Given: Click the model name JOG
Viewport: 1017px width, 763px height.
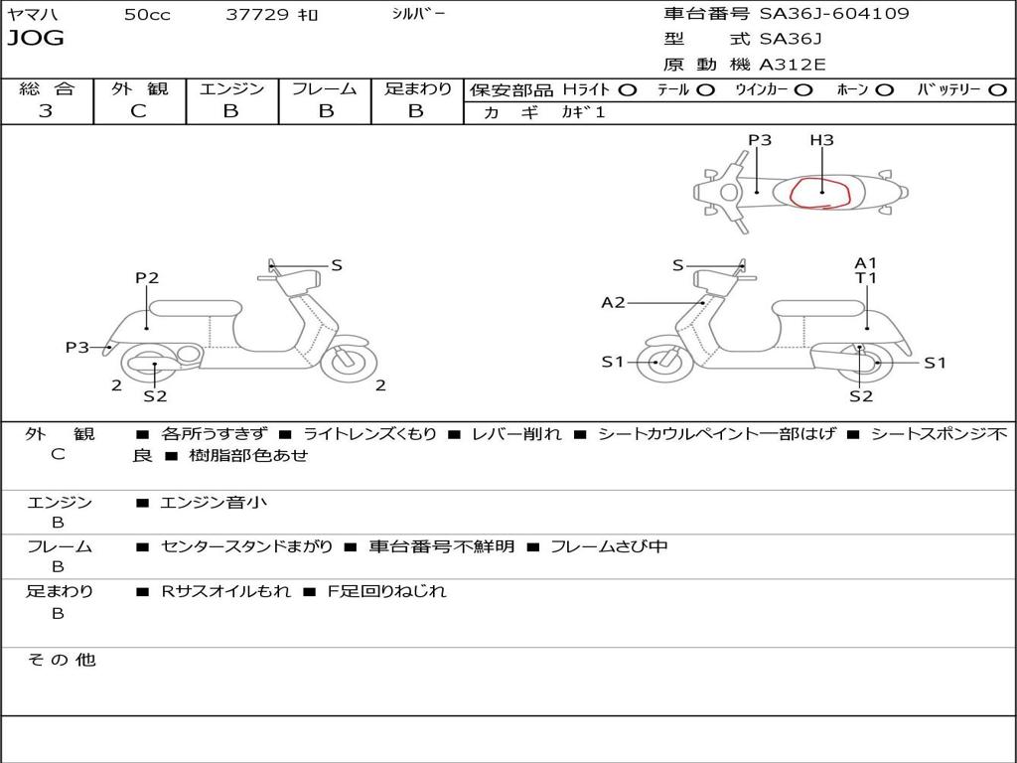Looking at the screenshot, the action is click(36, 38).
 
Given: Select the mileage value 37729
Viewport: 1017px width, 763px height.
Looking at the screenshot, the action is click(257, 15).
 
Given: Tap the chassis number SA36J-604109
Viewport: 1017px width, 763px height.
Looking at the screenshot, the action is click(834, 14).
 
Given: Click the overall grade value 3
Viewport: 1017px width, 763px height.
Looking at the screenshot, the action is click(46, 111).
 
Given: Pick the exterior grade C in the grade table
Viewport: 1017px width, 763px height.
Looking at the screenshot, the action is click(138, 111).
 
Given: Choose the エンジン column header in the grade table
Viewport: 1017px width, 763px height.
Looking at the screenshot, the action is click(231, 88).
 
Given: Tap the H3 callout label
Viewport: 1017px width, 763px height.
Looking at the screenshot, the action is click(821, 140).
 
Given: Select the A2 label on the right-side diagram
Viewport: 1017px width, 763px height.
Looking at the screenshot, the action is click(613, 302).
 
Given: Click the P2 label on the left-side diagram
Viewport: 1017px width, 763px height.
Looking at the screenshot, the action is click(147, 278).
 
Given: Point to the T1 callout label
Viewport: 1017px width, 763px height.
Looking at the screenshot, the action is click(866, 278).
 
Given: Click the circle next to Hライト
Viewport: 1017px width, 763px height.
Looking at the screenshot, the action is click(627, 89).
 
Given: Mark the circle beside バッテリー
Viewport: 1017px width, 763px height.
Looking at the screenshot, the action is click(997, 89).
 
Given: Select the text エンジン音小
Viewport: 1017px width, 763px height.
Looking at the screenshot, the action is click(214, 503).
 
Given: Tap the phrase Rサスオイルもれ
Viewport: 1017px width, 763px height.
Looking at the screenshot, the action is click(226, 591).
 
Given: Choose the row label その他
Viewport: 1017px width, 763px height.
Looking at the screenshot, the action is click(61, 660).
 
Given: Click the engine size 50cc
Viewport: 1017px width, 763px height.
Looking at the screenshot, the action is click(147, 15).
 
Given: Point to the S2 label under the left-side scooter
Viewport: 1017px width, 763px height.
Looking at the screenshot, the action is click(155, 396).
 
